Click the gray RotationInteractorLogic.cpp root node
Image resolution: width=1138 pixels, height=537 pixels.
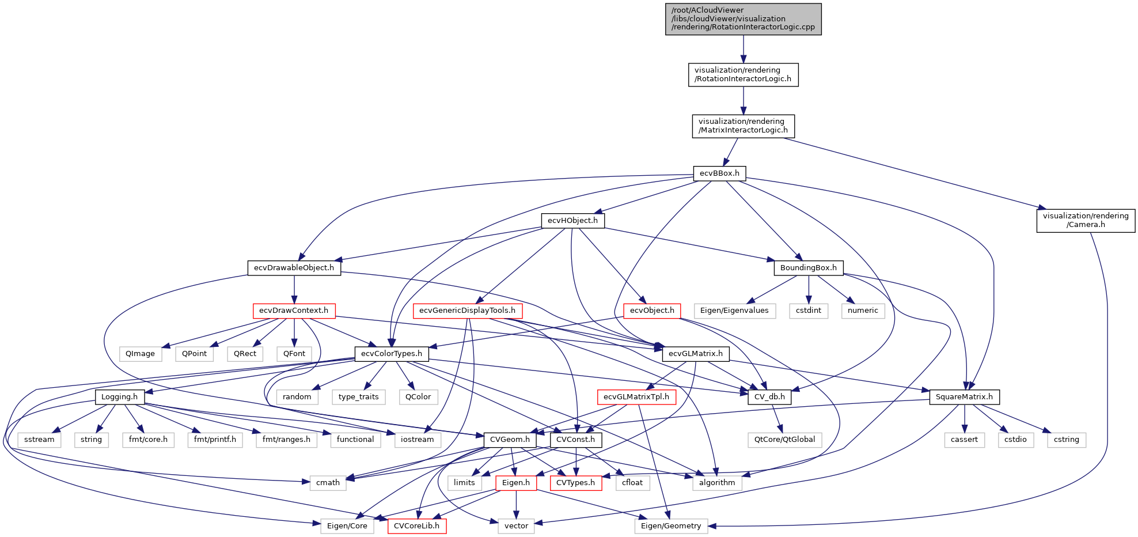743,19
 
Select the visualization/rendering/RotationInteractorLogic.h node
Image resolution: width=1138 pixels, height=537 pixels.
743,75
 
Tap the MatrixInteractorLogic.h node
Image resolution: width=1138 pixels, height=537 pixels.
743,126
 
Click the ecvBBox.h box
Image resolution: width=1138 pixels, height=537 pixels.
719,173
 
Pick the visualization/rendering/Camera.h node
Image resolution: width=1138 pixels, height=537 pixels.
1086,221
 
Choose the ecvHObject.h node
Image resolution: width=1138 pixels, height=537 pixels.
572,221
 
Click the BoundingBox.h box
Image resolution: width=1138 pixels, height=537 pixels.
808,268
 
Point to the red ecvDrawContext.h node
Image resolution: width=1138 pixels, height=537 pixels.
294,311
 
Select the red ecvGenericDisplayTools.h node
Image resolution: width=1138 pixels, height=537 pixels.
467,311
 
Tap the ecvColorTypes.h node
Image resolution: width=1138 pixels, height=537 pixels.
392,354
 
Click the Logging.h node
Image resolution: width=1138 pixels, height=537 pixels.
119,397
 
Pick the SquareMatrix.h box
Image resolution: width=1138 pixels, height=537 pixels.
964,397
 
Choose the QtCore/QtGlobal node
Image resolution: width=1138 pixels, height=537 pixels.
784,440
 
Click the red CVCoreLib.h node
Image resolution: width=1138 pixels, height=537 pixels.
417,526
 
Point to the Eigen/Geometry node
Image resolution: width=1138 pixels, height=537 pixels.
671,526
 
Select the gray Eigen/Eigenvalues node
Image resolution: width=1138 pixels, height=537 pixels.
734,311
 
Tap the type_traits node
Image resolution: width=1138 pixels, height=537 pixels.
358,397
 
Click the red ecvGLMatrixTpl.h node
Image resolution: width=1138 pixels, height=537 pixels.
636,397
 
